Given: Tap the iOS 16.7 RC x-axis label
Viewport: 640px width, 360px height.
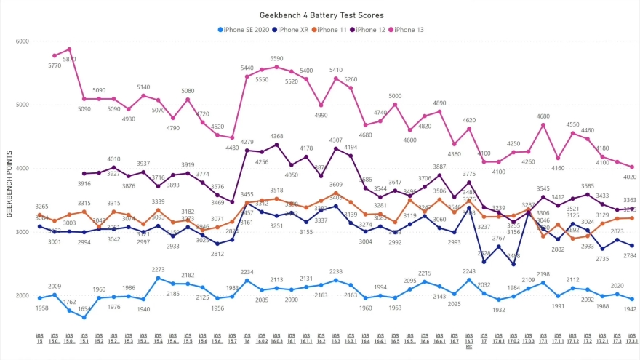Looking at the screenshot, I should (469, 342).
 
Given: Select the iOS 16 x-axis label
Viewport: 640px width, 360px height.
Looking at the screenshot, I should (247, 339).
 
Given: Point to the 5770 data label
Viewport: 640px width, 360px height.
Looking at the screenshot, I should (55, 65).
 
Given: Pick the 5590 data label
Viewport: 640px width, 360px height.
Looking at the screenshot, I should (276, 58).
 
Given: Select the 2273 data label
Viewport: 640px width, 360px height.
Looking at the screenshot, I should (158, 269).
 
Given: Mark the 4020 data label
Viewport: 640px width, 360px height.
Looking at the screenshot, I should (631, 177).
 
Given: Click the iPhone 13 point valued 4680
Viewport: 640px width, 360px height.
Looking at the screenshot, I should (543, 125).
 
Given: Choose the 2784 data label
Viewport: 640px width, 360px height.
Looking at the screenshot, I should (631, 255).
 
